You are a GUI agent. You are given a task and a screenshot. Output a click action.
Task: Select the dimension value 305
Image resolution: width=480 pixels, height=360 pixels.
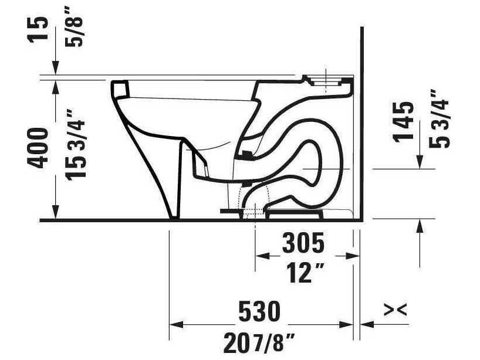pyautogui.click(x=303, y=242)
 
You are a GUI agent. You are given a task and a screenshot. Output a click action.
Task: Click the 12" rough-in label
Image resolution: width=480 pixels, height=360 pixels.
pyautogui.click(x=303, y=273)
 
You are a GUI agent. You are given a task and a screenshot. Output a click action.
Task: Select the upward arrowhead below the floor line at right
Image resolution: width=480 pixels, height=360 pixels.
pyautogui.click(x=420, y=225)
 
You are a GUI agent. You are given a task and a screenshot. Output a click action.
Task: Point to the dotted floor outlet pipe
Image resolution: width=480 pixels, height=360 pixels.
pyautogui.click(x=253, y=202)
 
